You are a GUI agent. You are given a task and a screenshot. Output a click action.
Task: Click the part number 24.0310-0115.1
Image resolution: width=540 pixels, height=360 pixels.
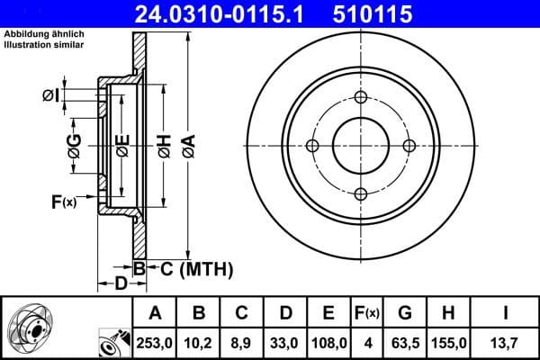coord(211,13)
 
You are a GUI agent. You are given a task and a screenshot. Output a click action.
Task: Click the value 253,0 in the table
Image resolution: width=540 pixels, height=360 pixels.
coord(155,342)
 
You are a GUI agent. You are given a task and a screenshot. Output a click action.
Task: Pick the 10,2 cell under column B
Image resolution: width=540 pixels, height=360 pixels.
coord(199,342)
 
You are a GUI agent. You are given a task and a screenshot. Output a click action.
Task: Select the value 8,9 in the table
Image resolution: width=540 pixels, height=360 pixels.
coord(242,342)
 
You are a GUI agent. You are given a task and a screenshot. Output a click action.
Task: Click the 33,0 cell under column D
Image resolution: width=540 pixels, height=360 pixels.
coord(285,342)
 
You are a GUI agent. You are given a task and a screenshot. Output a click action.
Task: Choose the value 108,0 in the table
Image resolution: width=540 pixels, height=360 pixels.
coord(328,342)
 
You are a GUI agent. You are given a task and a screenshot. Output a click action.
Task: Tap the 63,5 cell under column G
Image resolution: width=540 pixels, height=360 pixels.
coord(405,342)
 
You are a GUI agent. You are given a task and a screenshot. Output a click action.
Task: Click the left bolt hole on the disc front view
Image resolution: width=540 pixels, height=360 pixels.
coord(313,146)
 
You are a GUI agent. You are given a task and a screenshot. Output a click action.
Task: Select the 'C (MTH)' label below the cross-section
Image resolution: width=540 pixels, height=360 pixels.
coord(193,268)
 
